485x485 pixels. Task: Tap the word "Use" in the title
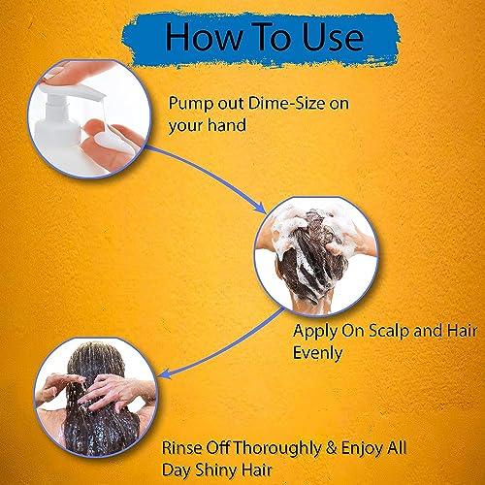333,37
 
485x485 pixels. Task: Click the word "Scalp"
390,331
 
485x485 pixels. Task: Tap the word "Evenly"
317,353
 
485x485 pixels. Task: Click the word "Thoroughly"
277,449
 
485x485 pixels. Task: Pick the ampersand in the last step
332,448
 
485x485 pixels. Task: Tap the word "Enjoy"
361,449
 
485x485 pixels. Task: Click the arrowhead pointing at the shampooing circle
261,208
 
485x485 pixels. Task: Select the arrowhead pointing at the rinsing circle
165,374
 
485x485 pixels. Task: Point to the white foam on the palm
109,142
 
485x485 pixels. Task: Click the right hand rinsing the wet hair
114,391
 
